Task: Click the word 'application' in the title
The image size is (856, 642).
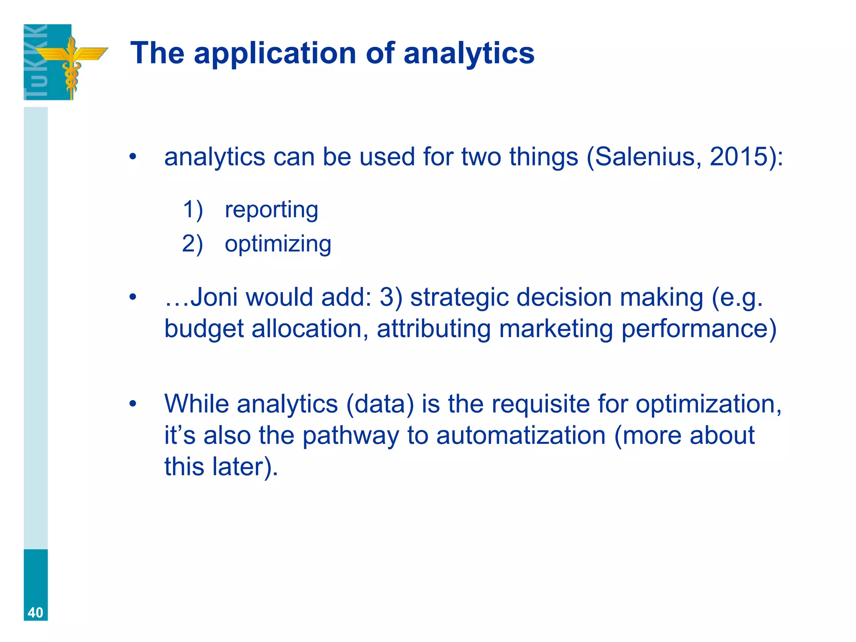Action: [x=275, y=54]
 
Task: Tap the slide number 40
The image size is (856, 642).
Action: [x=36, y=613]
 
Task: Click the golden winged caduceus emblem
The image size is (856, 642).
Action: [x=71, y=63]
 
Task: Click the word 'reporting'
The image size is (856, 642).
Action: [x=271, y=210]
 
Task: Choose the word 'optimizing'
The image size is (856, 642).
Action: [x=278, y=244]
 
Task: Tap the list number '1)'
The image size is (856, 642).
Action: [x=193, y=210]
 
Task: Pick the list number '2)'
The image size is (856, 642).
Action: [x=193, y=244]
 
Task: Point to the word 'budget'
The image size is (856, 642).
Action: [x=204, y=329]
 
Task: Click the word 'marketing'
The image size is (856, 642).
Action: [x=556, y=329]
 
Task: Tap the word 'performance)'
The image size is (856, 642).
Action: [x=699, y=329]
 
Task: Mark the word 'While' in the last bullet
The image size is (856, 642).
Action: [x=196, y=404]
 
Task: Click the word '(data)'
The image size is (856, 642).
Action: [x=380, y=404]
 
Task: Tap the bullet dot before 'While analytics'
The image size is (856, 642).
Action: [x=133, y=404]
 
